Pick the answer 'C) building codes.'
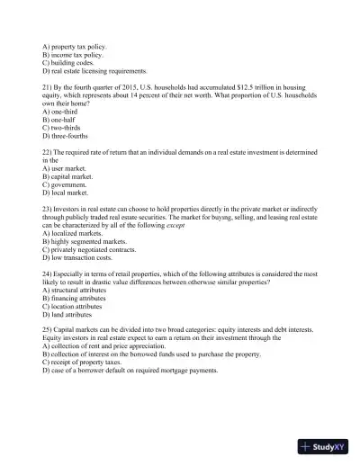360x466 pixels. pyautogui.click(x=75, y=61)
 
